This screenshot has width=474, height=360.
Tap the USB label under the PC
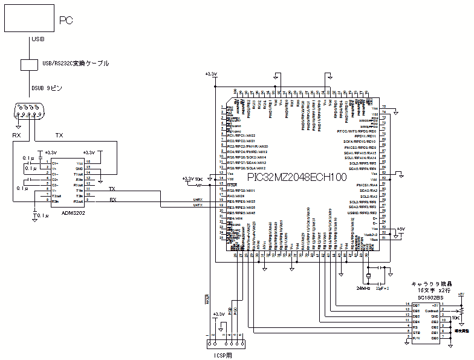click(37, 39)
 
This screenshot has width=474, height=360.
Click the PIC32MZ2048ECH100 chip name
click(297, 177)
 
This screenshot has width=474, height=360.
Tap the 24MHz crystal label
click(363, 288)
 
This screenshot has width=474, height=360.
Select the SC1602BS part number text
click(431, 298)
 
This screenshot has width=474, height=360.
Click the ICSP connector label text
click(222, 355)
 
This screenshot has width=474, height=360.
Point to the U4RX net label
click(198, 200)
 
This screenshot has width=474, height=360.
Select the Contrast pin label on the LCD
click(430, 310)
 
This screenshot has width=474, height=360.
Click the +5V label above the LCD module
click(461, 294)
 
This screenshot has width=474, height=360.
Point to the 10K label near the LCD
click(456, 316)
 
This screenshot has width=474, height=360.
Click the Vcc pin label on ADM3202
click(79, 163)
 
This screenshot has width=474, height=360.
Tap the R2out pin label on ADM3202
click(79, 201)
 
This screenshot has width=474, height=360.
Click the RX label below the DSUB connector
click(16, 135)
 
